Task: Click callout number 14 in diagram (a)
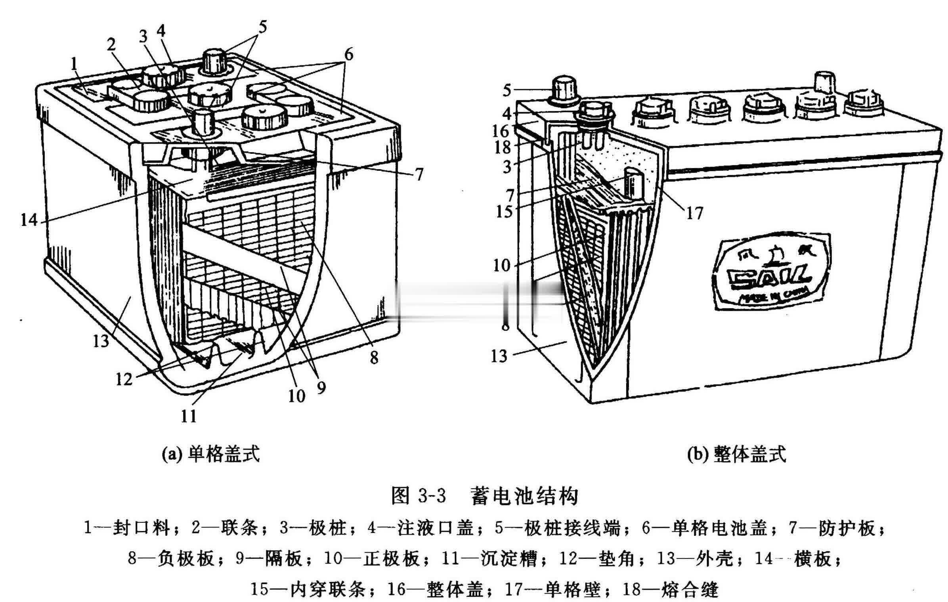coord(29,220)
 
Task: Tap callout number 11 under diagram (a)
coord(189,416)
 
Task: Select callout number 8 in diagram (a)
coord(374,358)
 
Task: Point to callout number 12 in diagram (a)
coord(124,379)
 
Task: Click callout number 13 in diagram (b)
coord(499,356)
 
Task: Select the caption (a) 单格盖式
coord(211,454)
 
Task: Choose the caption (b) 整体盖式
coord(736,454)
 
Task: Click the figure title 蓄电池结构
coord(524,497)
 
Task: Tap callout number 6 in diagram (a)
coord(348,55)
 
